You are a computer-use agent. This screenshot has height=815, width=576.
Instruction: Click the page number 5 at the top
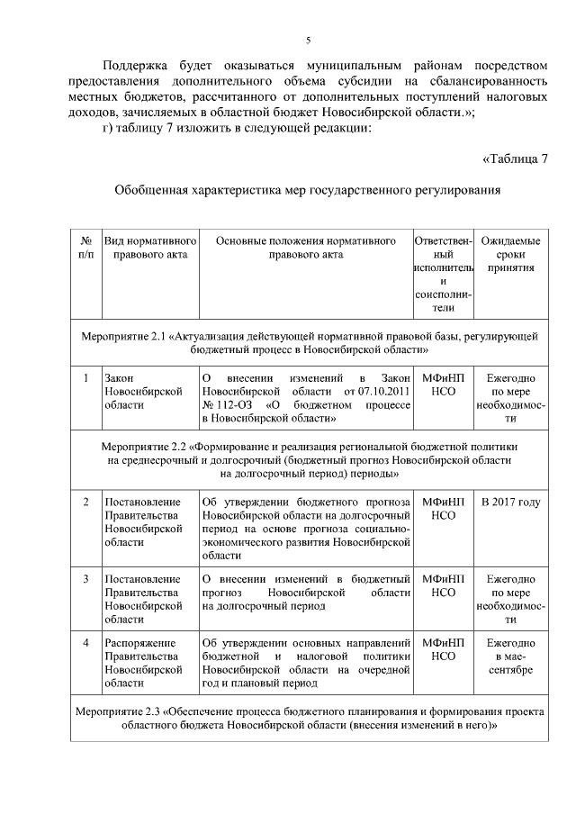point(308,41)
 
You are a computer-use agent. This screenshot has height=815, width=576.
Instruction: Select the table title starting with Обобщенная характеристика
point(307,191)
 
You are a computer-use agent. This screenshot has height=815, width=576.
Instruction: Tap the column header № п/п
point(85,249)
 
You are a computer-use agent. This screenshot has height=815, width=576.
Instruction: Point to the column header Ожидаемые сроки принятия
point(509,255)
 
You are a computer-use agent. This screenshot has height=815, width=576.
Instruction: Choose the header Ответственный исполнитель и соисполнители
point(443,275)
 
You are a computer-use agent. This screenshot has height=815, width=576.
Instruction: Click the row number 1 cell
point(85,378)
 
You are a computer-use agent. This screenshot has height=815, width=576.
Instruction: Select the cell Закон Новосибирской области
point(144,392)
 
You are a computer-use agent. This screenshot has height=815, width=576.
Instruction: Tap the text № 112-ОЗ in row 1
point(229,405)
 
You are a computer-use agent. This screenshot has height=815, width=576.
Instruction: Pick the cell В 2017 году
point(510,502)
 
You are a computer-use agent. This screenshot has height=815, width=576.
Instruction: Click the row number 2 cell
point(85,502)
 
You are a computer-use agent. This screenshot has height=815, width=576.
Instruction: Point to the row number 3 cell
point(85,578)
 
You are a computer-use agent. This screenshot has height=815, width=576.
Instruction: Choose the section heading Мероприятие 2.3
point(307,718)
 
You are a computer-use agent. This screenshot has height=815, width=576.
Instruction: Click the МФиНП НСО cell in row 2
point(443,508)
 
